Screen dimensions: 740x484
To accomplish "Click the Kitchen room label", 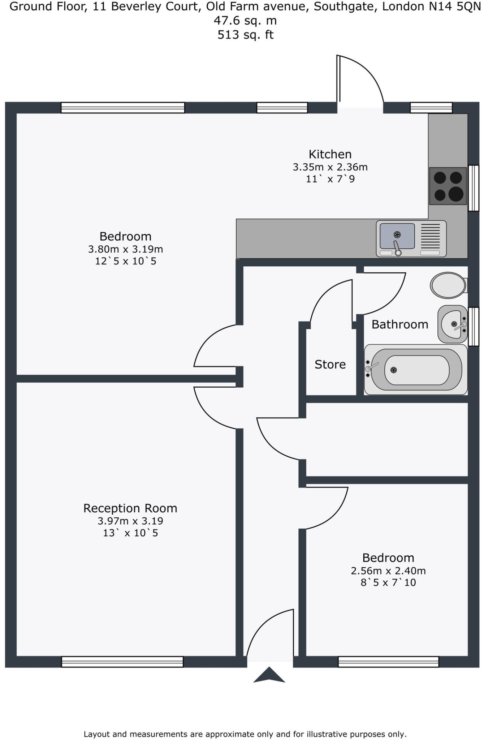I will (330, 154).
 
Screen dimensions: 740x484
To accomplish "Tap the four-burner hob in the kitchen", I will (448, 186).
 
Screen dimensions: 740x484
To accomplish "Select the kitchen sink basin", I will (397, 236).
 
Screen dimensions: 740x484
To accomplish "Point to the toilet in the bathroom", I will (448, 285).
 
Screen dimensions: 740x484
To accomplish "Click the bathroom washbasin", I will (452, 324).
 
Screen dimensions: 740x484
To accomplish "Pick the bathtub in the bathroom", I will (416, 370).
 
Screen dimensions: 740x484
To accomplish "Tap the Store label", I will (330, 364).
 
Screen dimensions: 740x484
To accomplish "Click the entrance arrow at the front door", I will (269, 675).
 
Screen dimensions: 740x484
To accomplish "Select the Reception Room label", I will (130, 508).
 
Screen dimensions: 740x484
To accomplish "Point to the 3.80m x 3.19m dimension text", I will (125, 249).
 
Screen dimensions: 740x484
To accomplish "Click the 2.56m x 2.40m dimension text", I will (388, 571).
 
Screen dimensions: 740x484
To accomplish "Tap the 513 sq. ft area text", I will (246, 35).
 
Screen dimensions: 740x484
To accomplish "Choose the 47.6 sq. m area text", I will (246, 21).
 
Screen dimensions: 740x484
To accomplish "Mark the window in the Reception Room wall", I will (122, 662).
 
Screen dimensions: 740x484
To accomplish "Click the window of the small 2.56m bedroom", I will (388, 662).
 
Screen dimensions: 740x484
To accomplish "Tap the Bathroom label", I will (400, 324).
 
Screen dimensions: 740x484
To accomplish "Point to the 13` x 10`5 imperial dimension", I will (130, 533).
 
